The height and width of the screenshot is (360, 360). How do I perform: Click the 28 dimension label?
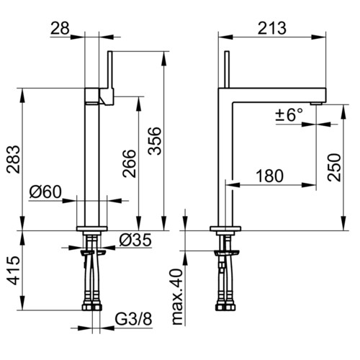pos(60,28)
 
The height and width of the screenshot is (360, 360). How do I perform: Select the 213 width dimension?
pos(272,28)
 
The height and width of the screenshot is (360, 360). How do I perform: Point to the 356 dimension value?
pos(155,141)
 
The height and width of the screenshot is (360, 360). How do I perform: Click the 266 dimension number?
pos(129,163)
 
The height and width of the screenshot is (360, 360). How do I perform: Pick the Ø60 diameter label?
pos(45,192)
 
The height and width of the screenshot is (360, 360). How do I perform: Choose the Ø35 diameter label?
pos(135,240)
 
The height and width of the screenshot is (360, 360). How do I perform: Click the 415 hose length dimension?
pos(13,271)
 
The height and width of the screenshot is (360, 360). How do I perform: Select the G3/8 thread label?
pos(133,319)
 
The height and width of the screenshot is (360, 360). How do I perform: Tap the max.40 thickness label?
pos(178,297)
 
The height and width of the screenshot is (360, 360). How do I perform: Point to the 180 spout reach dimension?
pos(270,176)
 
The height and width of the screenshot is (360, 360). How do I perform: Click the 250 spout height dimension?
pos(334,167)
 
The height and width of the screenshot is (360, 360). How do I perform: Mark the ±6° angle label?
pos(289,114)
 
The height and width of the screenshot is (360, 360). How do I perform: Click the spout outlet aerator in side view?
pos(315,103)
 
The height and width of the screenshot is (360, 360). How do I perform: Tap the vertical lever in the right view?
pos(227,70)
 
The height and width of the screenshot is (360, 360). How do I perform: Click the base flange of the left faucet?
pos(92,228)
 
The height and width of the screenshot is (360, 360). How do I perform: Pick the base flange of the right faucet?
pos(225,228)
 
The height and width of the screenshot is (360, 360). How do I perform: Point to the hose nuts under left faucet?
pos(92,307)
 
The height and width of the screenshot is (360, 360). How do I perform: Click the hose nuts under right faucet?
pos(225,307)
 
